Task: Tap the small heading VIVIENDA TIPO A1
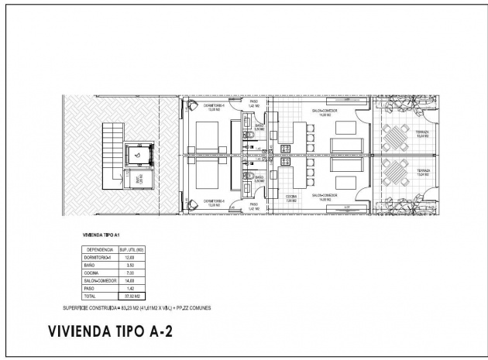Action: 99,232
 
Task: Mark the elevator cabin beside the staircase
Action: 139,155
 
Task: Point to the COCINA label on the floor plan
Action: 291,197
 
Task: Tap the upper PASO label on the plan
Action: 253,101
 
